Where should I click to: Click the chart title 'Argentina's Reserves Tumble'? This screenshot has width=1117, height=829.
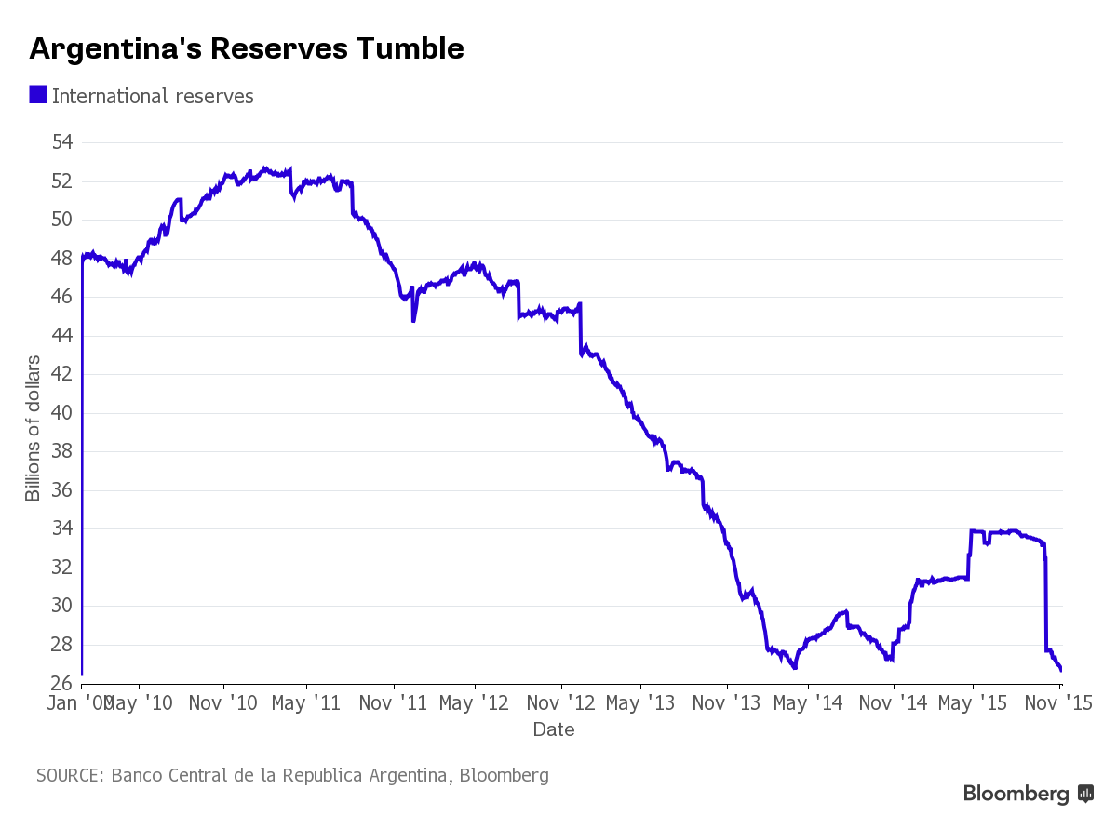point(247,48)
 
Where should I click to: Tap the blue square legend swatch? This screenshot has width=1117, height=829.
point(38,95)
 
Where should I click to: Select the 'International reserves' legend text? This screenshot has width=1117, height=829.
point(153,96)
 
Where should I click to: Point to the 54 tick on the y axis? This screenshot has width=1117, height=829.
point(62,142)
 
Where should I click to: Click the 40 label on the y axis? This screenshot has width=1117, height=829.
point(62,412)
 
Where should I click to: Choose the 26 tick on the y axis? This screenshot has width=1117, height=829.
point(62,683)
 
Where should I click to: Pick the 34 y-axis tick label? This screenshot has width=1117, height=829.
point(62,528)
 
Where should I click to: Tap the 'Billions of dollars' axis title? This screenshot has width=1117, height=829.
point(34,428)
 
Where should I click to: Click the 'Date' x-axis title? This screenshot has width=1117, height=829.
point(554,729)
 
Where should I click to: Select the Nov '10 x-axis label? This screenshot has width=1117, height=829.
point(222,703)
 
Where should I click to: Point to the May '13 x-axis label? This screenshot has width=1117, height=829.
point(640,703)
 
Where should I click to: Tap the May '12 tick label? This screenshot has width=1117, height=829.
point(474,703)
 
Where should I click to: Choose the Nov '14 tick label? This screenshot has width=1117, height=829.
point(893,703)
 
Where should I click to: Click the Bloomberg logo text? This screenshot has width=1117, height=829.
point(1016,794)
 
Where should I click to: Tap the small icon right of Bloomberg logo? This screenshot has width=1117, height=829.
point(1085,794)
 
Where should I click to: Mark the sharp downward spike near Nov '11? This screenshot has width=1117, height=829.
point(413,319)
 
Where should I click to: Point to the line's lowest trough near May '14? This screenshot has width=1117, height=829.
point(795,667)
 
